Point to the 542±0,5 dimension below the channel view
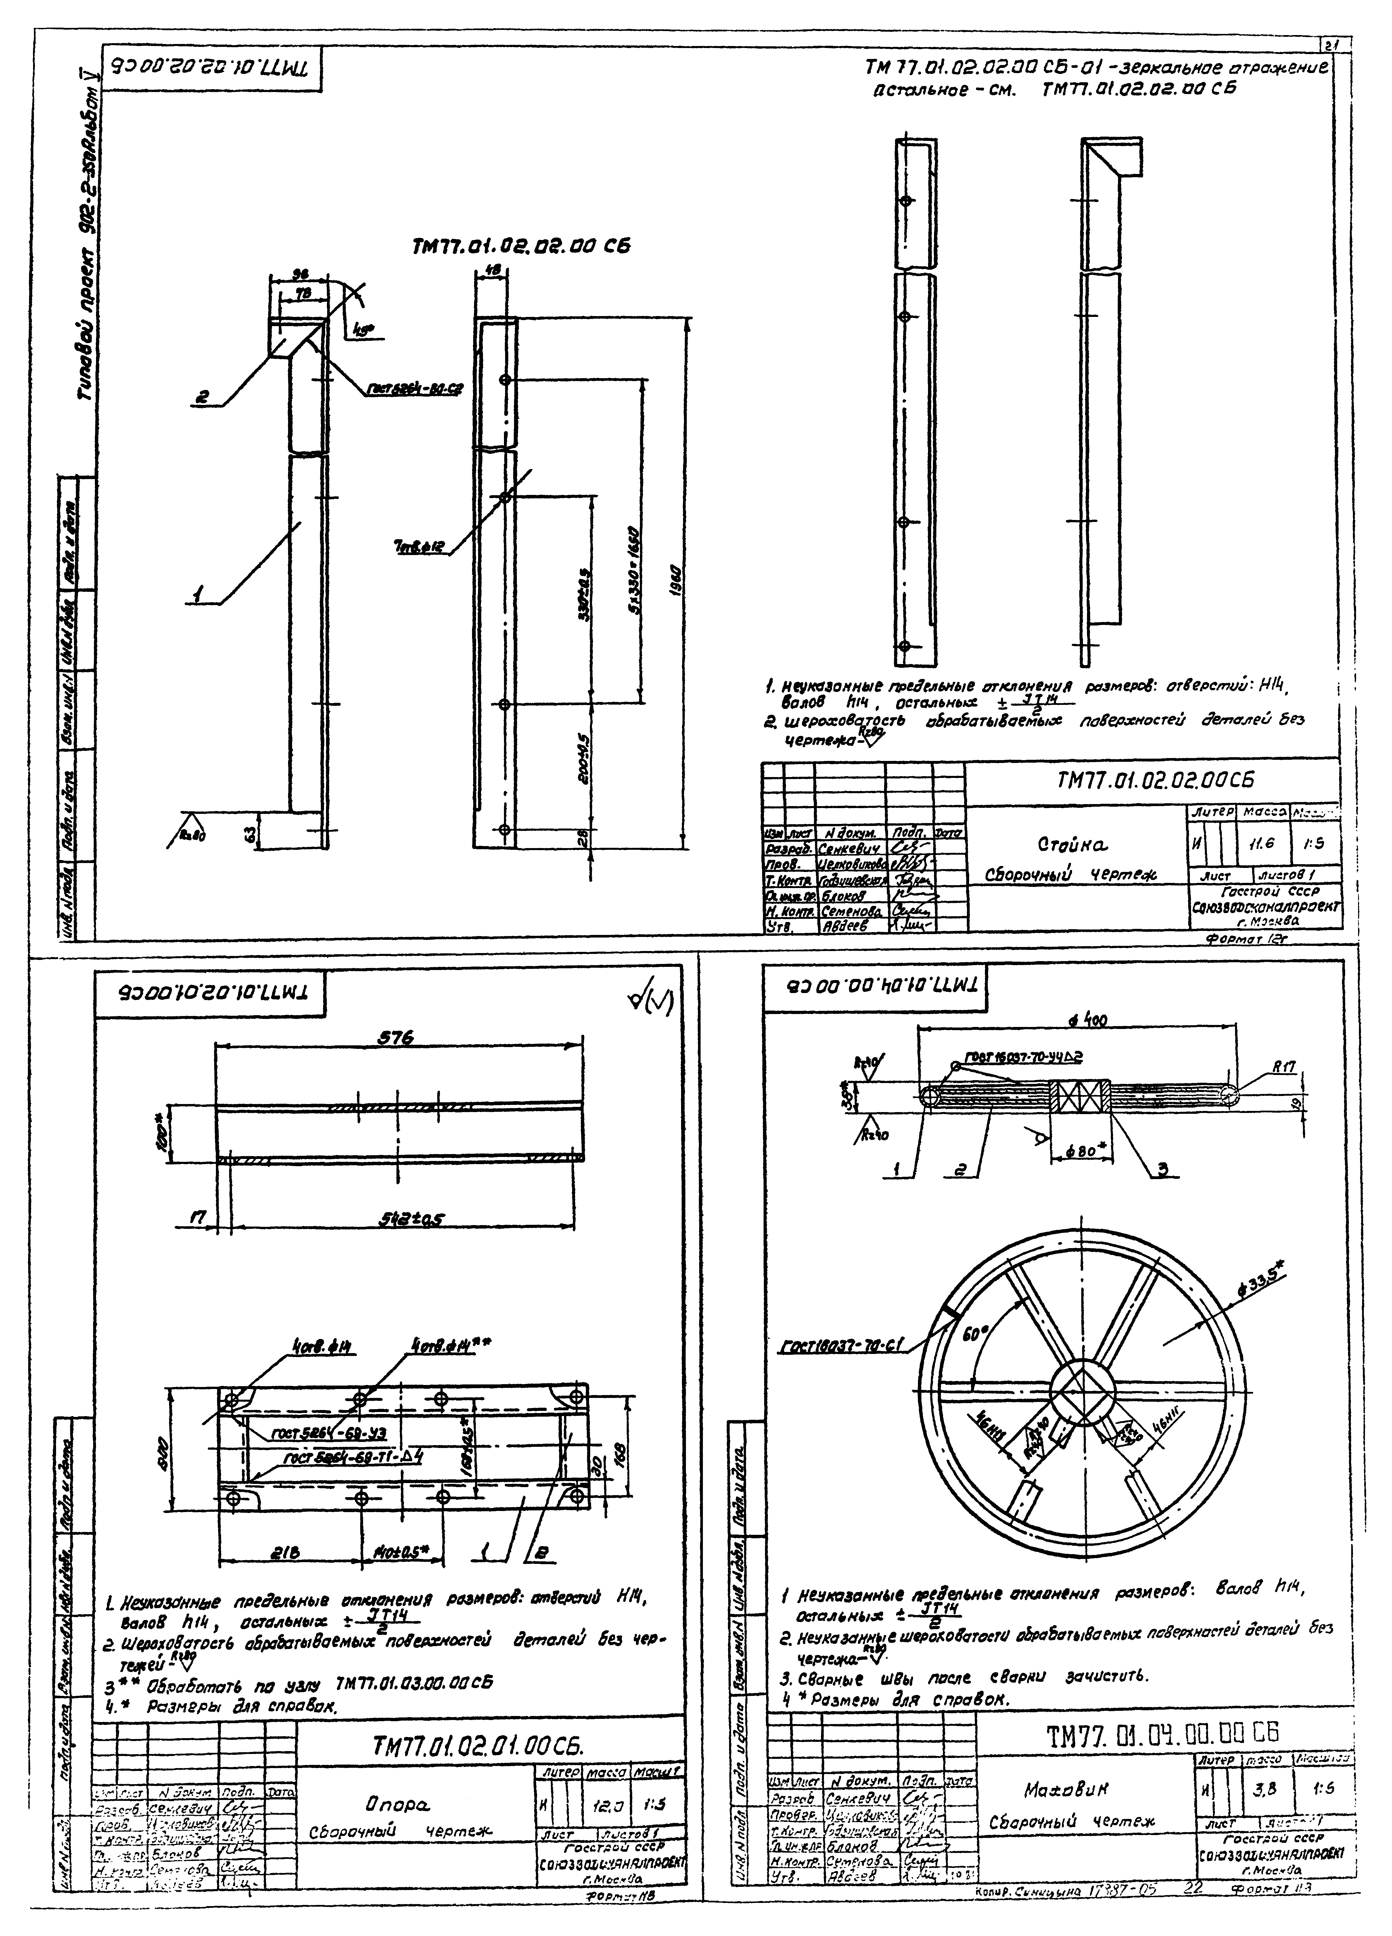[x=412, y=1221]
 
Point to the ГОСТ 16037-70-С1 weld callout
[x=841, y=1345]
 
